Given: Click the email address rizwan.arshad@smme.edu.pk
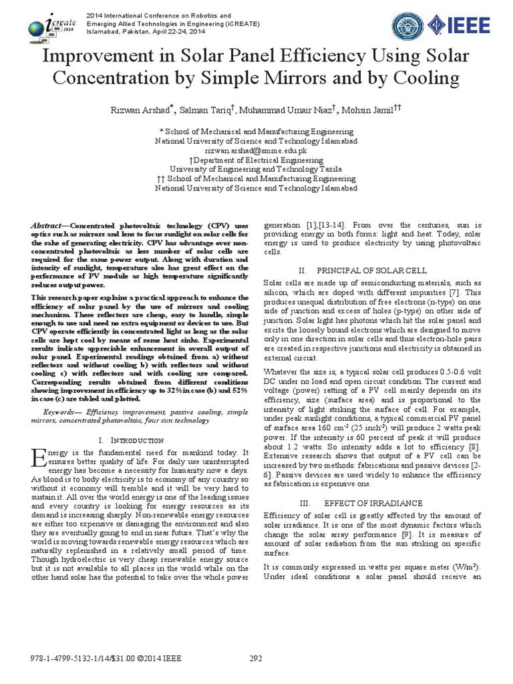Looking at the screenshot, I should (x=256, y=151).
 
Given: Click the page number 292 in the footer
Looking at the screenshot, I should (x=256, y=658).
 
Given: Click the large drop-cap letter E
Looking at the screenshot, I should (x=37, y=459).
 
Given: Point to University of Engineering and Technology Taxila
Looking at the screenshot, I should (x=256, y=170).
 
